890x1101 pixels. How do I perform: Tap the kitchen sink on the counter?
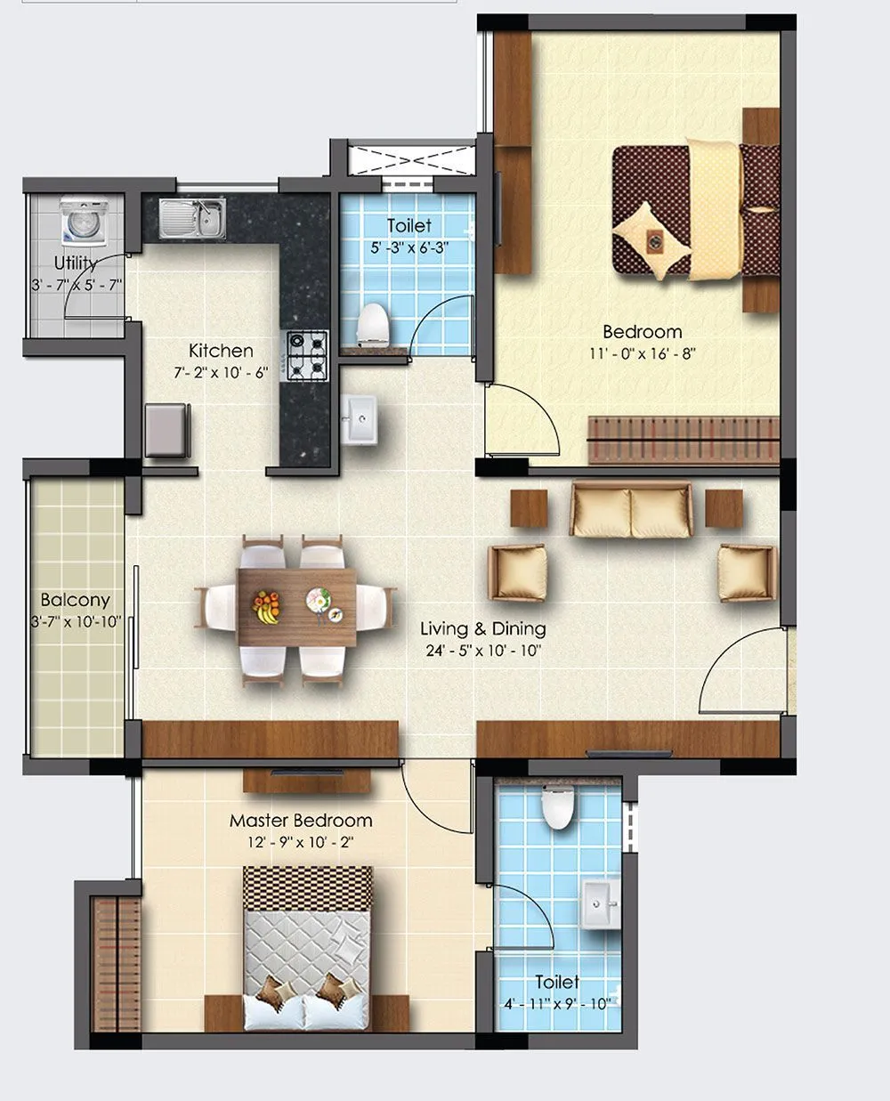(x=193, y=218)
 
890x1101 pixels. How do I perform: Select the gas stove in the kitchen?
(x=305, y=352)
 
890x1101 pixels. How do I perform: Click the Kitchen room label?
(x=221, y=351)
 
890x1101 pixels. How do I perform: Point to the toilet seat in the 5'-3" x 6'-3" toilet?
(x=373, y=324)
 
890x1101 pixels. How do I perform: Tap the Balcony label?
(x=75, y=600)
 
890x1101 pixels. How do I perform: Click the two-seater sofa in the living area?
(x=631, y=510)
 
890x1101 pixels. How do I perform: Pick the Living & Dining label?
(x=482, y=628)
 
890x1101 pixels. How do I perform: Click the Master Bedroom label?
(x=301, y=821)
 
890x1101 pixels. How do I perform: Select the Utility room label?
(x=75, y=263)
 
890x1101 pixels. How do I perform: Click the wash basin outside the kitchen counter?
(x=361, y=418)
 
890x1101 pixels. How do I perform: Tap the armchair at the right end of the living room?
(x=746, y=571)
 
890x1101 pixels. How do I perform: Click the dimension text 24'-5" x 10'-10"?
(x=484, y=651)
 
